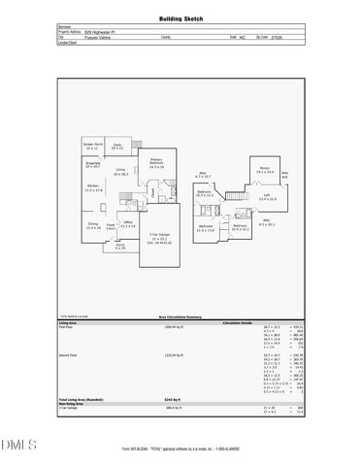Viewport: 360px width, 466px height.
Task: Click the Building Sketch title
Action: tap(180, 19)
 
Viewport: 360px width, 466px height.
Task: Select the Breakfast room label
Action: tap(93, 165)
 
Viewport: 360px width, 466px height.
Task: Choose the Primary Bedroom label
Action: tap(156, 164)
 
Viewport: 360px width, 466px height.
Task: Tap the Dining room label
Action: tap(93, 225)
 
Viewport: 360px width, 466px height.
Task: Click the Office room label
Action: tap(127, 224)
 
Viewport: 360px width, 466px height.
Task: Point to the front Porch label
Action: tap(120, 247)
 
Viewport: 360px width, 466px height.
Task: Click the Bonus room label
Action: tap(263, 169)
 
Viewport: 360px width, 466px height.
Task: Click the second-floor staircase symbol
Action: tap(234, 197)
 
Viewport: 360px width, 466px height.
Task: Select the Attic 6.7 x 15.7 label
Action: tap(205, 176)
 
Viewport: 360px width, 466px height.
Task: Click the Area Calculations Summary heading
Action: tap(180, 316)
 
